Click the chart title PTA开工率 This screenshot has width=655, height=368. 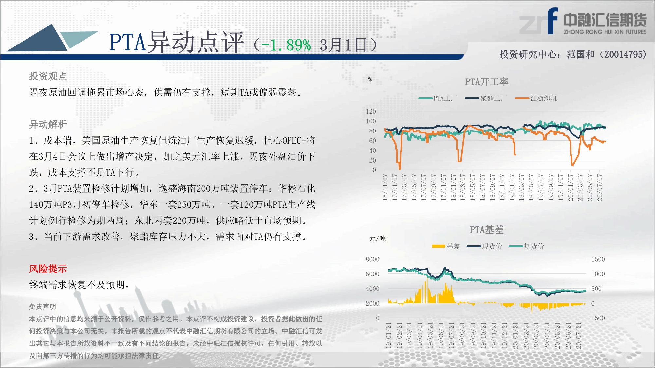487,82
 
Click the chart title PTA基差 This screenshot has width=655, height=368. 487,230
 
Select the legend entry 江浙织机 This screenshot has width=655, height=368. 536,98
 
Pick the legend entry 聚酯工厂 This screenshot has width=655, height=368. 486,98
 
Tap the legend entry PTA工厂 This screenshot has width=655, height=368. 438,98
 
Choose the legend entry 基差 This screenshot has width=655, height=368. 446,246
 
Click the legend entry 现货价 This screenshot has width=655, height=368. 484,246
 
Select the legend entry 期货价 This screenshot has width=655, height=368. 526,246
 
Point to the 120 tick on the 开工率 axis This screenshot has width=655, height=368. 371,111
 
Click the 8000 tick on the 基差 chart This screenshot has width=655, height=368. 373,259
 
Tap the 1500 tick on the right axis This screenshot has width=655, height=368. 598,259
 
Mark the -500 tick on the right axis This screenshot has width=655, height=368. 598,318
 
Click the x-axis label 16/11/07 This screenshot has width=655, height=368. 385,187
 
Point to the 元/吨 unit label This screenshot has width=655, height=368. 378,238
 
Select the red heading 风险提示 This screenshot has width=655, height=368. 48,269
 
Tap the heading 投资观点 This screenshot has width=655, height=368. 48,76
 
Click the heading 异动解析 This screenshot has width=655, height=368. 48,124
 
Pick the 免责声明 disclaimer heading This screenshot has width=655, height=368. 43,307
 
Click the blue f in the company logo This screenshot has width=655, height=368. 552,21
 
